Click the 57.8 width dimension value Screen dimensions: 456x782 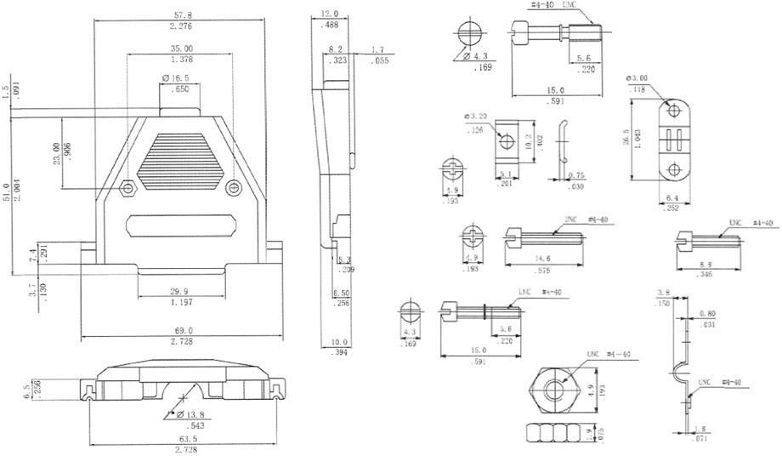180,15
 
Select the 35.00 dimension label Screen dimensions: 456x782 181,48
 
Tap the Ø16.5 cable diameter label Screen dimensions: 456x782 176,78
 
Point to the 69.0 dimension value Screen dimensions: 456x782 184,330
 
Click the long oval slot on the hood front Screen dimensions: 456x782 182,227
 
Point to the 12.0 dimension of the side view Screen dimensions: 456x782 330,14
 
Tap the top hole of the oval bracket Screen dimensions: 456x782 674,111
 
